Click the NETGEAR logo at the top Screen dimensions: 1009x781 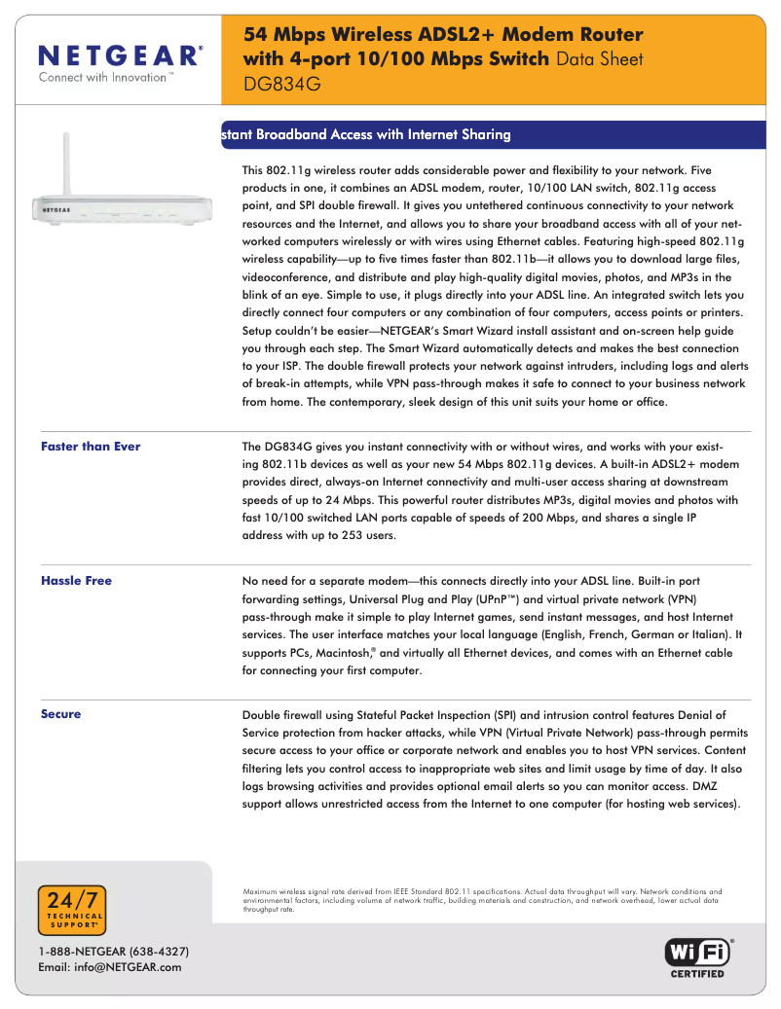[x=121, y=54]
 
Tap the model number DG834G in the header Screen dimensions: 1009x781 [x=281, y=84]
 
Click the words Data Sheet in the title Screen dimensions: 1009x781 [x=599, y=58]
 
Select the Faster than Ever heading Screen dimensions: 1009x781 [x=91, y=447]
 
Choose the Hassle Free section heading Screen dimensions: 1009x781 [x=76, y=581]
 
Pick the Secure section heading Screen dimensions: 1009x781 [x=60, y=714]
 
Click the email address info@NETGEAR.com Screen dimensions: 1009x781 [x=109, y=966]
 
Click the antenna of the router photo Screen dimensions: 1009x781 [x=69, y=161]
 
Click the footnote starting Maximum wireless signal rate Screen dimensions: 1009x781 [x=482, y=900]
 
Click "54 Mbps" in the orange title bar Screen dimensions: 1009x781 [x=283, y=35]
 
